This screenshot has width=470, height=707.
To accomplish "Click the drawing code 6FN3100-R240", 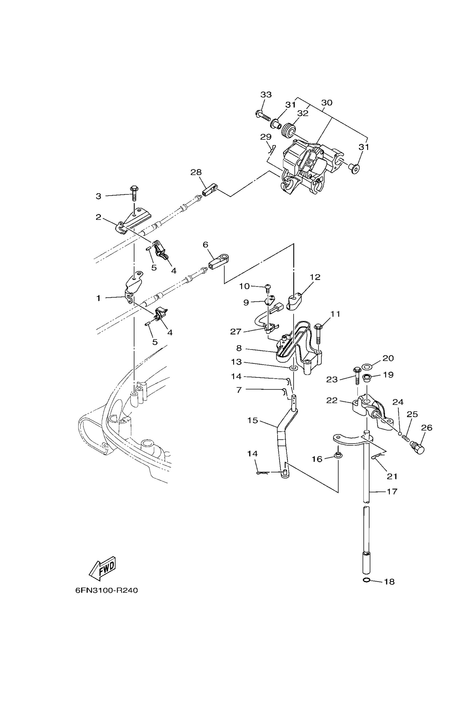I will [x=106, y=590].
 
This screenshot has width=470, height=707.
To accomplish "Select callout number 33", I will [x=266, y=95].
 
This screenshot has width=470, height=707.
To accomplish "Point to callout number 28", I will [x=196, y=172].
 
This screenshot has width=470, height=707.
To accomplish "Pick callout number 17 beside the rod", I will [x=392, y=492].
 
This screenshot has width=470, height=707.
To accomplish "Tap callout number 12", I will [x=315, y=277].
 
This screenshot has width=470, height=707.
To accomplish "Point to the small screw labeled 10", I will [x=268, y=288].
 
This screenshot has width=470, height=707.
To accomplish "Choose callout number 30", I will [x=327, y=103].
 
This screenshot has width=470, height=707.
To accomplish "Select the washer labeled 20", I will [x=367, y=366].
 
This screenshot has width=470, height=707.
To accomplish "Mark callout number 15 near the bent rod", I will [x=253, y=421].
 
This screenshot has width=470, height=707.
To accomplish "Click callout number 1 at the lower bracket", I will [x=98, y=298].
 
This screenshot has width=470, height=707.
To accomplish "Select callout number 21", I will [x=392, y=476].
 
